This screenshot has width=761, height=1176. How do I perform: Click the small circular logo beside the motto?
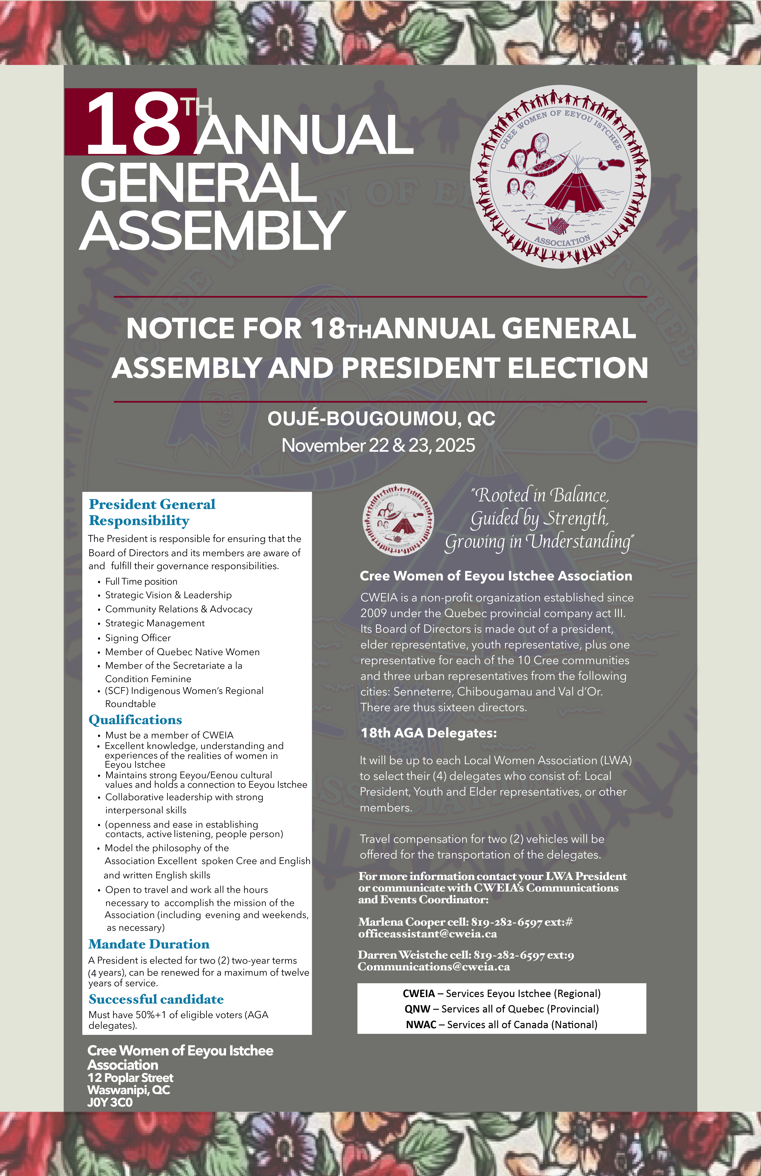[x=398, y=519]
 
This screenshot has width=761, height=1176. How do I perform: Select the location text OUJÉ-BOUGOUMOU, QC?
[x=381, y=419]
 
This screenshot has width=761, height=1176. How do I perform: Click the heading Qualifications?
[x=135, y=719]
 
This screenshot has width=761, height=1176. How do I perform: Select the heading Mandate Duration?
[x=149, y=944]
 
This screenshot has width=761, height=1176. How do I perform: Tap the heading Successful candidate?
[x=156, y=999]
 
